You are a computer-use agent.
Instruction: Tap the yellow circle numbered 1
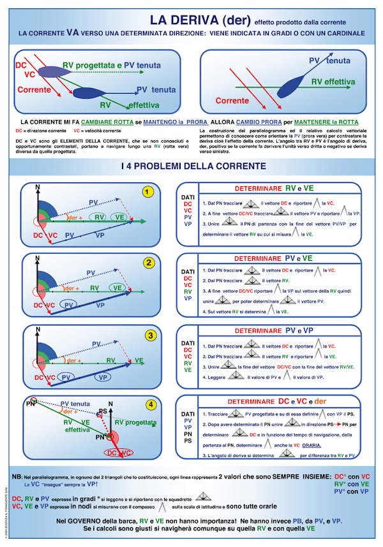click(x=148, y=192)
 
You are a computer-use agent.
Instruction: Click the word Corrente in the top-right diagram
click(x=232, y=101)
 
